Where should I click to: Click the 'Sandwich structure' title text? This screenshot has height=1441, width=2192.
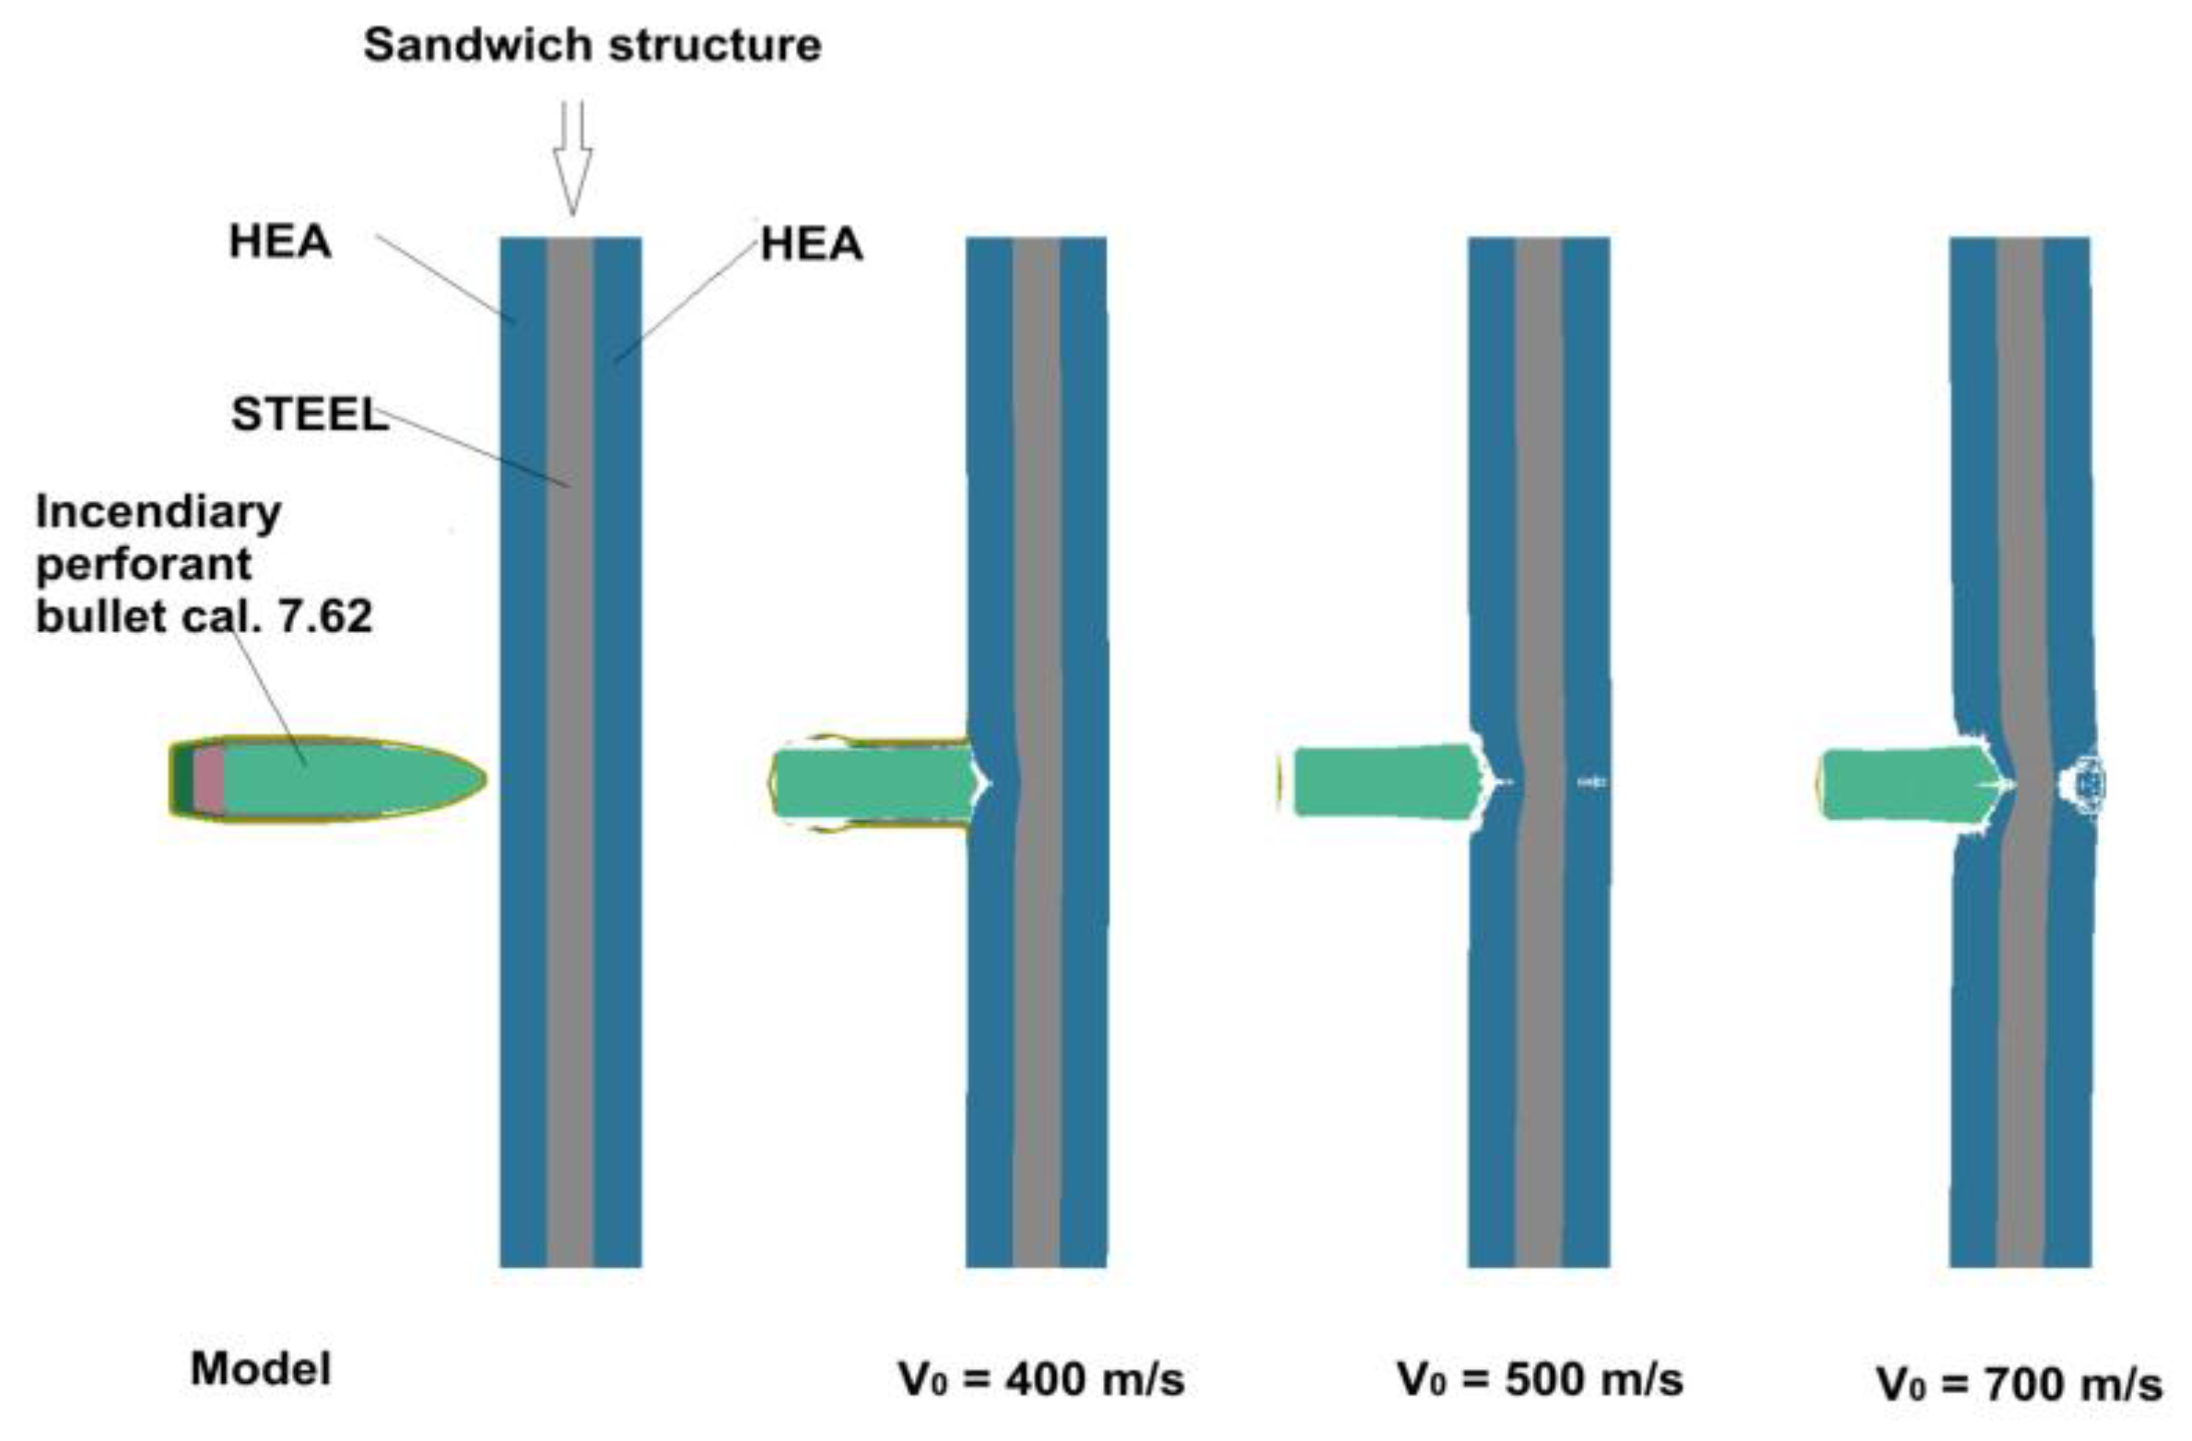[592, 45]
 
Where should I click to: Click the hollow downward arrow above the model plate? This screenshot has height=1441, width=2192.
[571, 157]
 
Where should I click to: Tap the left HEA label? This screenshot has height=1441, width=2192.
[279, 242]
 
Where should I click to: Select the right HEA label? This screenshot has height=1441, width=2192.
[811, 245]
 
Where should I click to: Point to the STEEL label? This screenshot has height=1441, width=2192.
[309, 415]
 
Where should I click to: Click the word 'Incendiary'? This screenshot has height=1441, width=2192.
[158, 512]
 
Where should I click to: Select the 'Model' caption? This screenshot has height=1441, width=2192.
[261, 1369]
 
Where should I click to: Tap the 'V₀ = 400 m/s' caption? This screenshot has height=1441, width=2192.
[1041, 1379]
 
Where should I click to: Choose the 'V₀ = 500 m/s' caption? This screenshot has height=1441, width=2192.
[1541, 1379]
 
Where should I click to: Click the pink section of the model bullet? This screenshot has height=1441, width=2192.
[209, 779]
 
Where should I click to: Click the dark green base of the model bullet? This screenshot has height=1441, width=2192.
[183, 779]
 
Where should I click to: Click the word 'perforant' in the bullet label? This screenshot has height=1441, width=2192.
[144, 564]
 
